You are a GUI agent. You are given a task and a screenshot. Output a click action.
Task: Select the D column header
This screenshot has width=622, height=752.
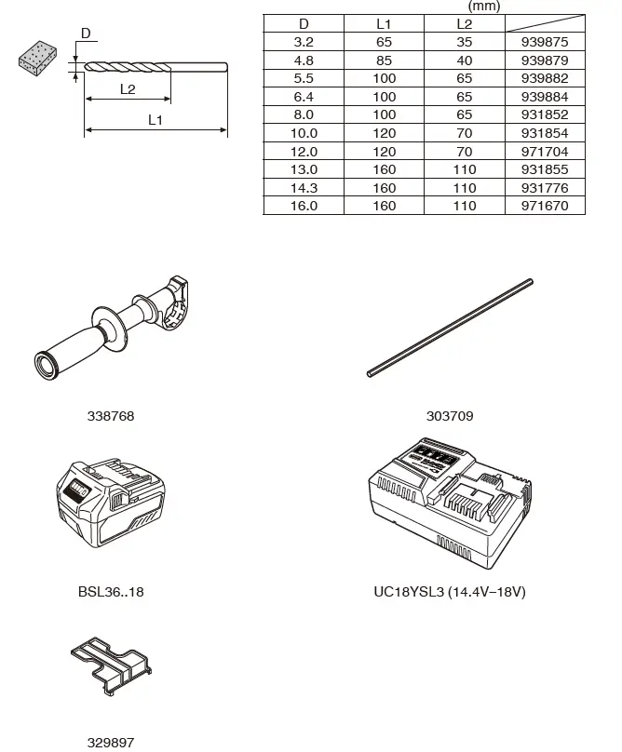point(304,24)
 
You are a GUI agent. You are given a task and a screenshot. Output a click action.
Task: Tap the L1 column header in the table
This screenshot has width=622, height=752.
point(384,24)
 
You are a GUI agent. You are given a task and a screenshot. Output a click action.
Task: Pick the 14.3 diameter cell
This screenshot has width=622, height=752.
point(304,188)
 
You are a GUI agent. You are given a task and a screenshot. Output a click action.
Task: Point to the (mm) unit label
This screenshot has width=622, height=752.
point(484,7)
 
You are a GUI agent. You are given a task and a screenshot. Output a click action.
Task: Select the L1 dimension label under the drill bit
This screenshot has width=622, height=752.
point(155,120)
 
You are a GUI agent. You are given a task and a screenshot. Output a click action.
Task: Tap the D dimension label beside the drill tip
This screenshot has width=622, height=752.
point(85,34)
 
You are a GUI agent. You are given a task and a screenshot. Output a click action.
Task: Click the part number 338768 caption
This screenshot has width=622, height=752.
point(111,416)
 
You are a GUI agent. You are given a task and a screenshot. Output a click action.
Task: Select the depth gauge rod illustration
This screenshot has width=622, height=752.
point(450,328)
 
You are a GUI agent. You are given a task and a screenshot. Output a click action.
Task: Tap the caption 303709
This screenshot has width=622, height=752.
point(450,416)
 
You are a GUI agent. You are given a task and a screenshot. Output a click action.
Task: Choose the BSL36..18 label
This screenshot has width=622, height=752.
point(111,591)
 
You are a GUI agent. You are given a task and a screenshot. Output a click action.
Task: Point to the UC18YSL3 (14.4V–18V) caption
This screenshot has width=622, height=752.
point(450,591)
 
